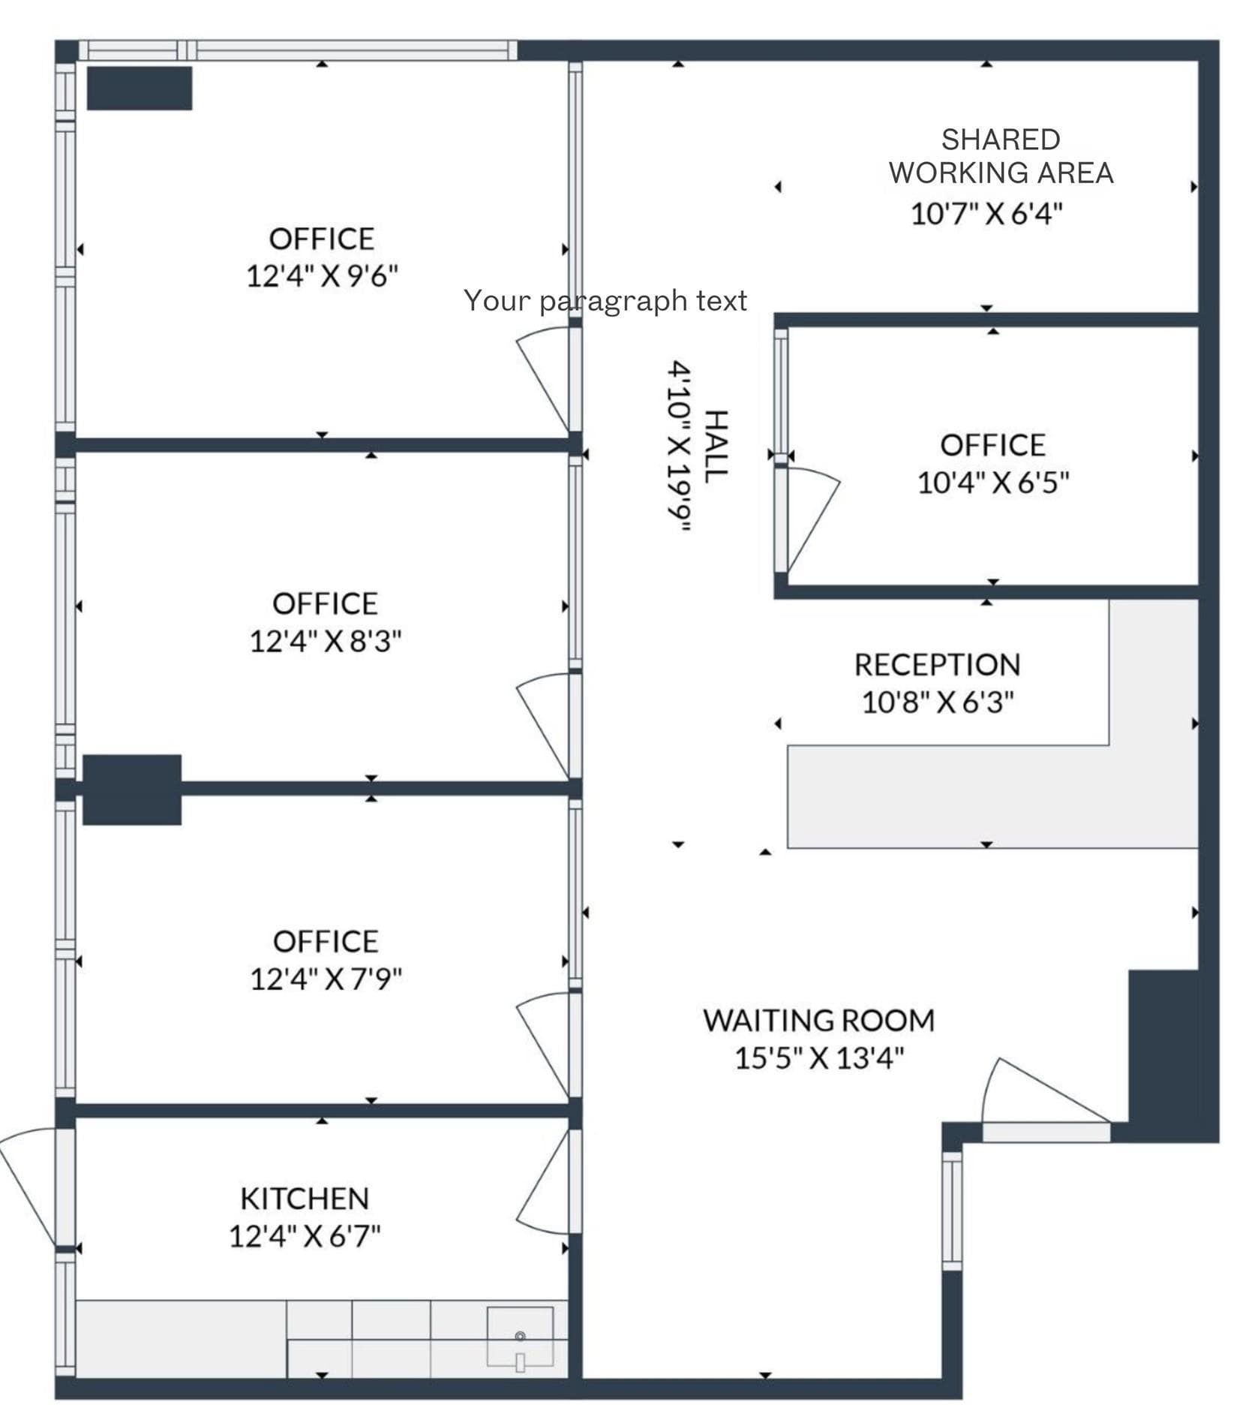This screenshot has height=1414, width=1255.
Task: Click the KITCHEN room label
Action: (x=305, y=1199)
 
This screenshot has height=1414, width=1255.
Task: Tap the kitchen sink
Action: (x=520, y=1337)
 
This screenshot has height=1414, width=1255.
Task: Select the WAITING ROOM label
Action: (x=819, y=1021)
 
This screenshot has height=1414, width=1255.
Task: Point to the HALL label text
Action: (x=718, y=447)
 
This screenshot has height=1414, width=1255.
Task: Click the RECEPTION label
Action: (x=938, y=665)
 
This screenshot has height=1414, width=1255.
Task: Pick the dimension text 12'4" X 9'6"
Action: (x=322, y=276)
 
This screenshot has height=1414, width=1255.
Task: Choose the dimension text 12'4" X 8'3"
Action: (x=325, y=642)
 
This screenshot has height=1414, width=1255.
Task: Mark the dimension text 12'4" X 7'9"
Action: (x=326, y=979)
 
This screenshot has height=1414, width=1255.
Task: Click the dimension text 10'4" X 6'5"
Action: (x=993, y=483)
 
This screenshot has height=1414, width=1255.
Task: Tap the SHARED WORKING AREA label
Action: (x=1001, y=156)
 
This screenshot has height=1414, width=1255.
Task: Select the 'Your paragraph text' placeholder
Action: (x=605, y=301)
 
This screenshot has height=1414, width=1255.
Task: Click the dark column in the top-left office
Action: (x=140, y=89)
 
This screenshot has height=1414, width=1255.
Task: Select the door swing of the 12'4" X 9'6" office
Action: (x=542, y=380)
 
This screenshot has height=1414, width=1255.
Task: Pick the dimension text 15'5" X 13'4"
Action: (x=819, y=1059)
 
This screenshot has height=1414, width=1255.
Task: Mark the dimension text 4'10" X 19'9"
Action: (x=680, y=447)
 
